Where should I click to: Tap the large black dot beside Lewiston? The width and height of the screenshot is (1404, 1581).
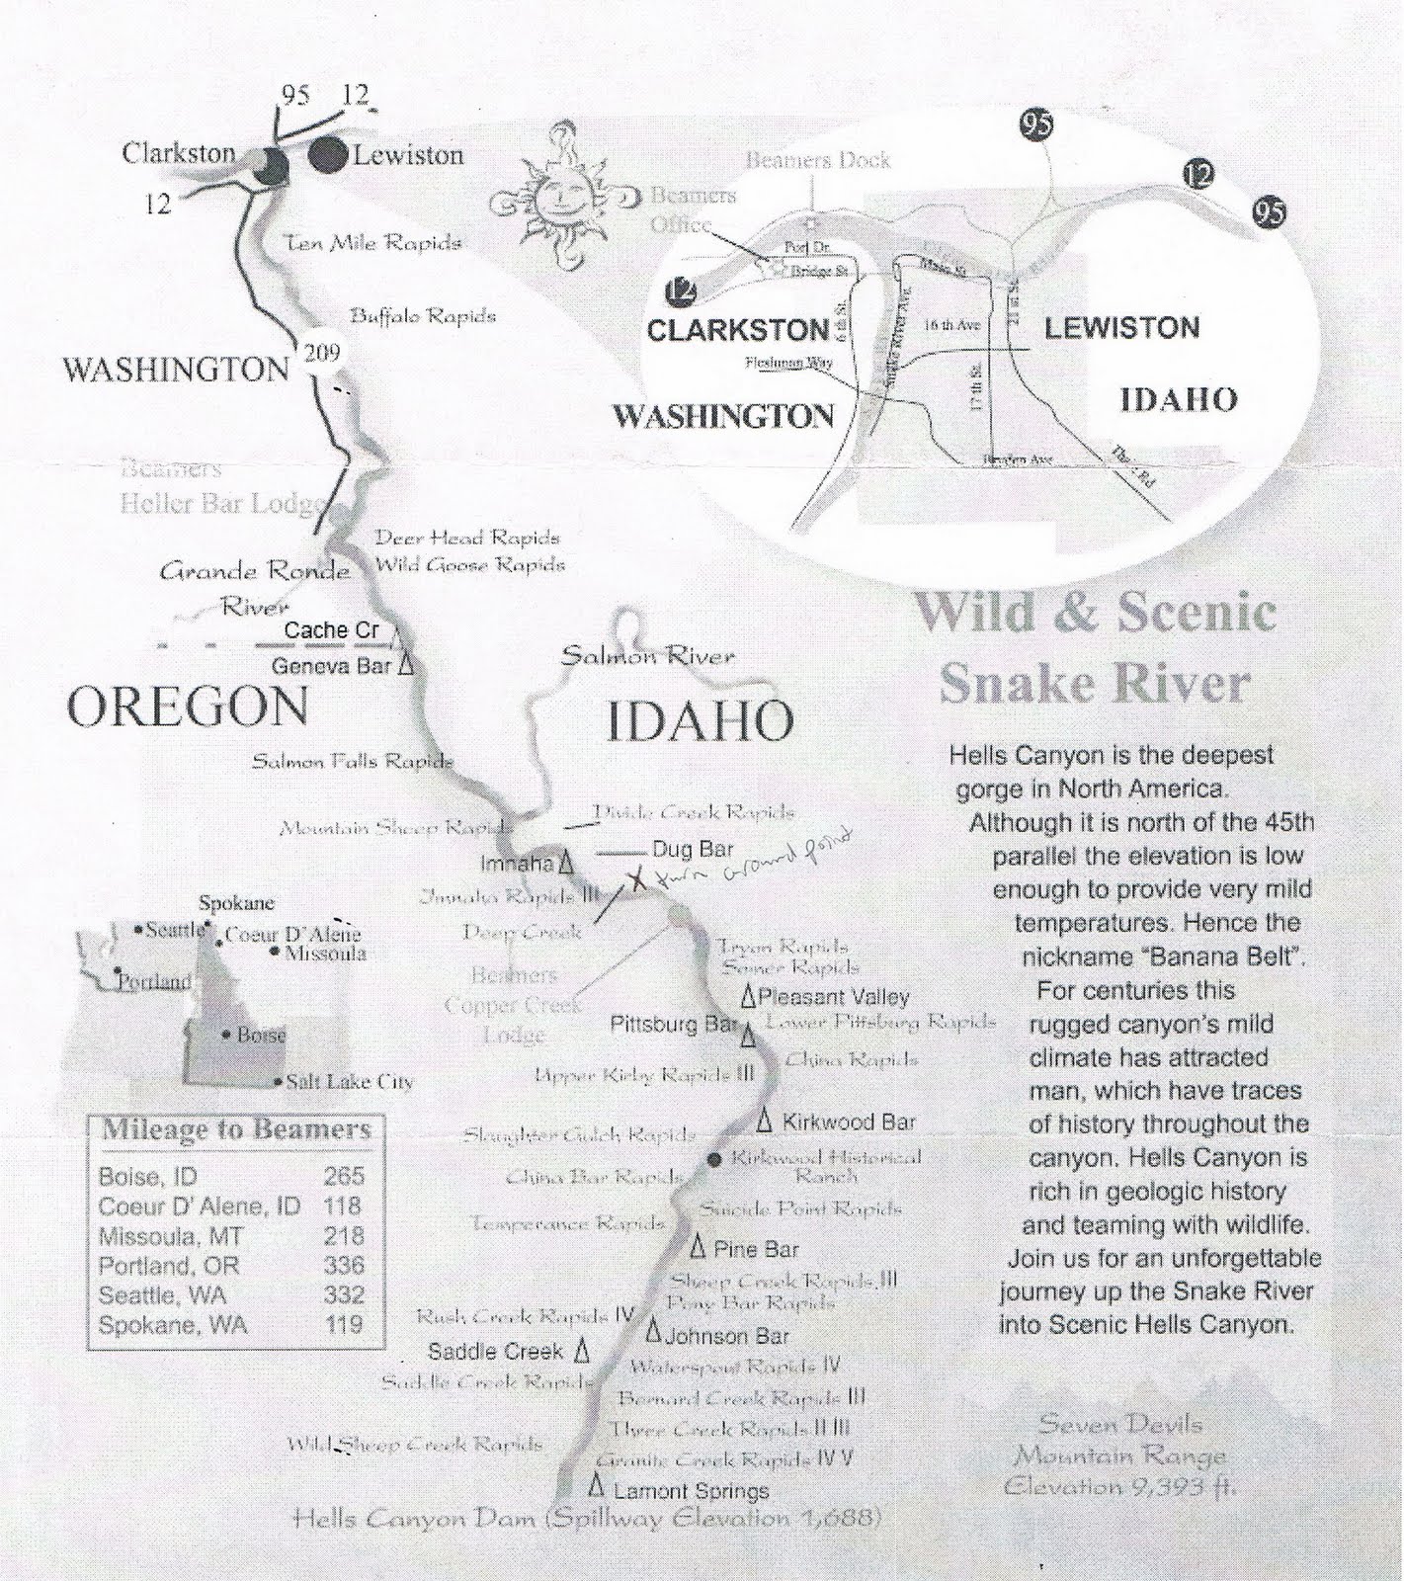(328, 156)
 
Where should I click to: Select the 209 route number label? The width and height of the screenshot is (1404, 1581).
(322, 352)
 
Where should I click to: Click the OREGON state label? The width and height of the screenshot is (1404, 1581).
(187, 707)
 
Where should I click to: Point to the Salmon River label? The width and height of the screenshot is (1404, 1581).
(647, 655)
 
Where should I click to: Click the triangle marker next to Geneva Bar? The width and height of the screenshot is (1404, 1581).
(404, 666)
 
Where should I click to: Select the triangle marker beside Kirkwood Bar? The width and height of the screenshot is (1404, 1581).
(765, 1121)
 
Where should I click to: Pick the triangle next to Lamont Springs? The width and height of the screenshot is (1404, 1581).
(596, 1485)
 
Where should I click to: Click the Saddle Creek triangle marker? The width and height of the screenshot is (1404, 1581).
(583, 1349)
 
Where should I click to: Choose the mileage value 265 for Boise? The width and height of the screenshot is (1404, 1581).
(343, 1176)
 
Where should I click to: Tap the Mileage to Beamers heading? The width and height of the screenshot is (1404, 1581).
(236, 1129)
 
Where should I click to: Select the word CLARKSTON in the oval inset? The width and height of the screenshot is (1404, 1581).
(737, 329)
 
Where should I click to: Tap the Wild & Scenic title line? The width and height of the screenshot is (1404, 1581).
(1094, 613)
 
